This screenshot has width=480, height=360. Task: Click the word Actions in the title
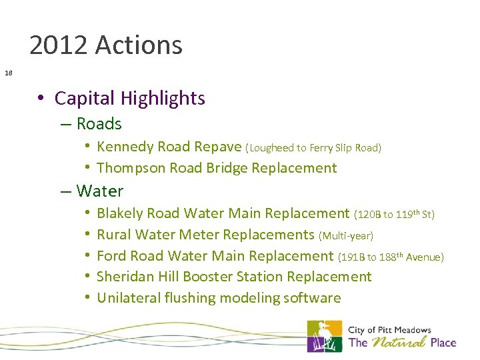(139, 45)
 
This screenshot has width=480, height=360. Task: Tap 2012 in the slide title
(59, 45)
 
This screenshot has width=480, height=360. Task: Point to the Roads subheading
(99, 123)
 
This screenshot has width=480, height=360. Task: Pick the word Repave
(219, 147)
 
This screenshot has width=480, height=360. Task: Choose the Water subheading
(100, 191)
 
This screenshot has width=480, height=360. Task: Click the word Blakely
(120, 213)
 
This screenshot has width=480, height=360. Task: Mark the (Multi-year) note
(346, 235)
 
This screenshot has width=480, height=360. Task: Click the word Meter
(201, 235)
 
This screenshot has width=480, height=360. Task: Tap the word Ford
(111, 256)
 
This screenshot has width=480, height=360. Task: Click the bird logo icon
(324, 337)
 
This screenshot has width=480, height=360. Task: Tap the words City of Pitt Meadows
(389, 330)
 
